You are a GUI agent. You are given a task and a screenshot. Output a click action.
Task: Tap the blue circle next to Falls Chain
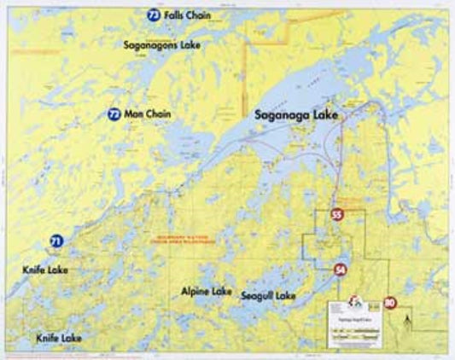(153, 15)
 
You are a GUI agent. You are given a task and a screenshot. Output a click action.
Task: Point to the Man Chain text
(148, 113)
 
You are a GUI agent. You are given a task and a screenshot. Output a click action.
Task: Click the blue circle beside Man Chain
(114, 113)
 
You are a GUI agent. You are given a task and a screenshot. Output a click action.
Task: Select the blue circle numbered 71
(56, 241)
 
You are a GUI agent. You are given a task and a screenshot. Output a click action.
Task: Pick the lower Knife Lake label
(59, 338)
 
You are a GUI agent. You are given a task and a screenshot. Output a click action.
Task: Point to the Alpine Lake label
(207, 290)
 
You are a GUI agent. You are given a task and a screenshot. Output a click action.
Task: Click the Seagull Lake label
(268, 296)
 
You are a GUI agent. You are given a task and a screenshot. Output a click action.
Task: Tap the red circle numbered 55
(337, 215)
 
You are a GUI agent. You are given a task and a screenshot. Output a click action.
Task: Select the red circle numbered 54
(340, 270)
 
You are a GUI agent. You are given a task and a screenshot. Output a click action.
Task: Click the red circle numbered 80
(390, 303)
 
